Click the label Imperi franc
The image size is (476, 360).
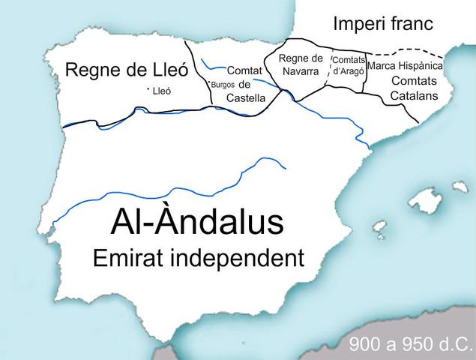[x=383, y=23]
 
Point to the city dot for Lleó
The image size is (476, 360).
[x=148, y=91]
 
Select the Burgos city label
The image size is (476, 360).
[x=223, y=85]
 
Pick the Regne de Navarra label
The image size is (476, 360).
[x=300, y=64]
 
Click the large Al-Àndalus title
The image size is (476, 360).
[x=197, y=223]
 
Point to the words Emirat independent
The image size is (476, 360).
[x=198, y=258]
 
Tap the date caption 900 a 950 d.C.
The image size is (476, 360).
[x=410, y=346]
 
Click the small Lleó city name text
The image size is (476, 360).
[x=162, y=91]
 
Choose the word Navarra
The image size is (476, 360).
[x=300, y=71]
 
